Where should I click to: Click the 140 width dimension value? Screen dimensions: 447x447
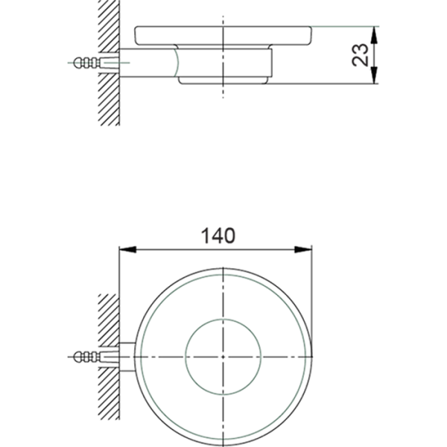click(218, 235)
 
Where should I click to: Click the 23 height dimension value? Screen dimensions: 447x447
click(361, 54)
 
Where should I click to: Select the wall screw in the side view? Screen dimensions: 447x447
click(87, 63)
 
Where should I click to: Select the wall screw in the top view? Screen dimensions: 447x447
click(87, 355)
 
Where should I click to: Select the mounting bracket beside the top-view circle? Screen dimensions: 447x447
click(127, 355)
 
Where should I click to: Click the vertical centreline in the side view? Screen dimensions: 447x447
click(222, 93)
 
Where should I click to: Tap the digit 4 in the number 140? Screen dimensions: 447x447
click(218, 235)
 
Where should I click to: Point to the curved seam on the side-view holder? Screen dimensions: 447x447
click(177, 63)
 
